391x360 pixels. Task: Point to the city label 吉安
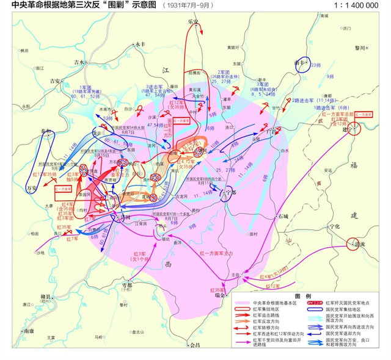click(x=56, y=81)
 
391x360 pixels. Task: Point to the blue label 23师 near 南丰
click(x=315, y=65)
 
